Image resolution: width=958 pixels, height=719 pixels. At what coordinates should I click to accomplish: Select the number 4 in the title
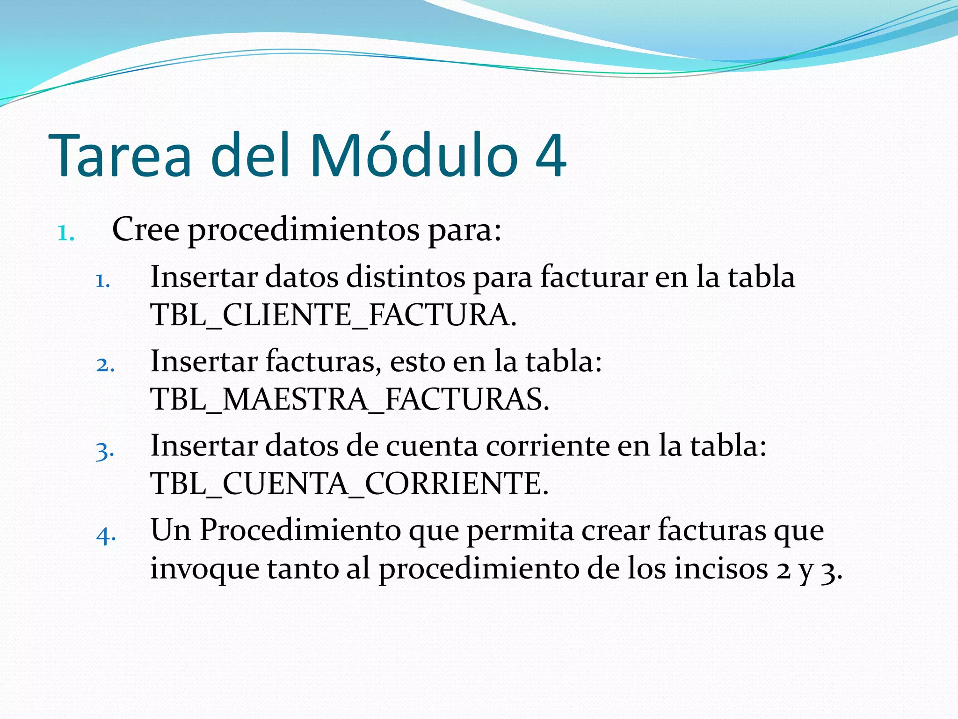pos(551,156)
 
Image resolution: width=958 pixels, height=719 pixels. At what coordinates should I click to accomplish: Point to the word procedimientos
pos(304,231)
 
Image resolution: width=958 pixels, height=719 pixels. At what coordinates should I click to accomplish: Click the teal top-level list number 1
pos(65,233)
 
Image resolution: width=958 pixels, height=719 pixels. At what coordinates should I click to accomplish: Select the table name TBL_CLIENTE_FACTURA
pos(333,315)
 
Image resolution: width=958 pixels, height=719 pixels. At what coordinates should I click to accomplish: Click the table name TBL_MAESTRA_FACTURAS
pos(349,399)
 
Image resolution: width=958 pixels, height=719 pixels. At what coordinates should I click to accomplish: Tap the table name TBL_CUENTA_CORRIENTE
pos(349,484)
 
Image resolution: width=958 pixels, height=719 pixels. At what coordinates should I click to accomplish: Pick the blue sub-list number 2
pos(105,365)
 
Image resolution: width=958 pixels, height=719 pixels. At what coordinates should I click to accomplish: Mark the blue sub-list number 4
pos(106,535)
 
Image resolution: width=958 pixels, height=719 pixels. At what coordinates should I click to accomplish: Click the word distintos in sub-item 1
pos(406,277)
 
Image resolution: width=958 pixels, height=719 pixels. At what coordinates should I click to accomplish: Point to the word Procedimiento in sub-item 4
pos(300,531)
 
